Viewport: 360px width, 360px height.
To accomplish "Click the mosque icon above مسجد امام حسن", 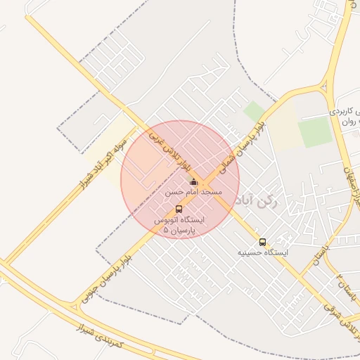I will pyautogui.click(x=194, y=183).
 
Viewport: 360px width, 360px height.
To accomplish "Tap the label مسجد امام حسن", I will pyautogui.click(x=194, y=192).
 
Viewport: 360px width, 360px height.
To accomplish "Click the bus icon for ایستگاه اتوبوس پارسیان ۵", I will pyautogui.click(x=179, y=209).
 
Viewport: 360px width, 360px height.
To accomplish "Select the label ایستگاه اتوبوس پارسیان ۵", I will pyautogui.click(x=179, y=224).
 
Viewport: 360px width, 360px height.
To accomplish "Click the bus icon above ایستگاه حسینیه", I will pyautogui.click(x=262, y=242).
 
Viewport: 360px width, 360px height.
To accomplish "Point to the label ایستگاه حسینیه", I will pyautogui.click(x=262, y=252).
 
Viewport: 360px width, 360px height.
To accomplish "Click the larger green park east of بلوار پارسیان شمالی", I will pyautogui.click(x=314, y=132).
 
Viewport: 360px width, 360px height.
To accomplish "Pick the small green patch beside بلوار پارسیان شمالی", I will pyautogui.click(x=254, y=111).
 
